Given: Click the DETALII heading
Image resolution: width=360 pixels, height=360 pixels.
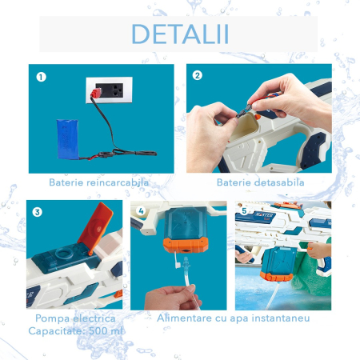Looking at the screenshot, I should click(179, 34).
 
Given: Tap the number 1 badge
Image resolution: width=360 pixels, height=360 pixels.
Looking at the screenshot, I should click(40, 78).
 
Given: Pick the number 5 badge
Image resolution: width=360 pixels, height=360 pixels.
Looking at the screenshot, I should click(245, 213).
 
